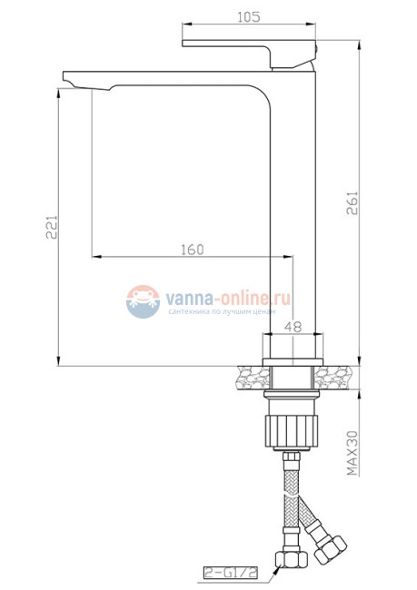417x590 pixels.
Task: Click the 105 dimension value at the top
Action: [x=250, y=16]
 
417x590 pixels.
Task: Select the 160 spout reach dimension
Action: [x=192, y=249]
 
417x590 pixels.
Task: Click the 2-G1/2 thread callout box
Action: [x=231, y=572]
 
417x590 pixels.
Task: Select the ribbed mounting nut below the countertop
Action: [x=292, y=428]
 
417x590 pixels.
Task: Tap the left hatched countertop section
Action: [x=250, y=376]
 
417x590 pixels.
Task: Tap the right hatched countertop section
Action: [x=334, y=376]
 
